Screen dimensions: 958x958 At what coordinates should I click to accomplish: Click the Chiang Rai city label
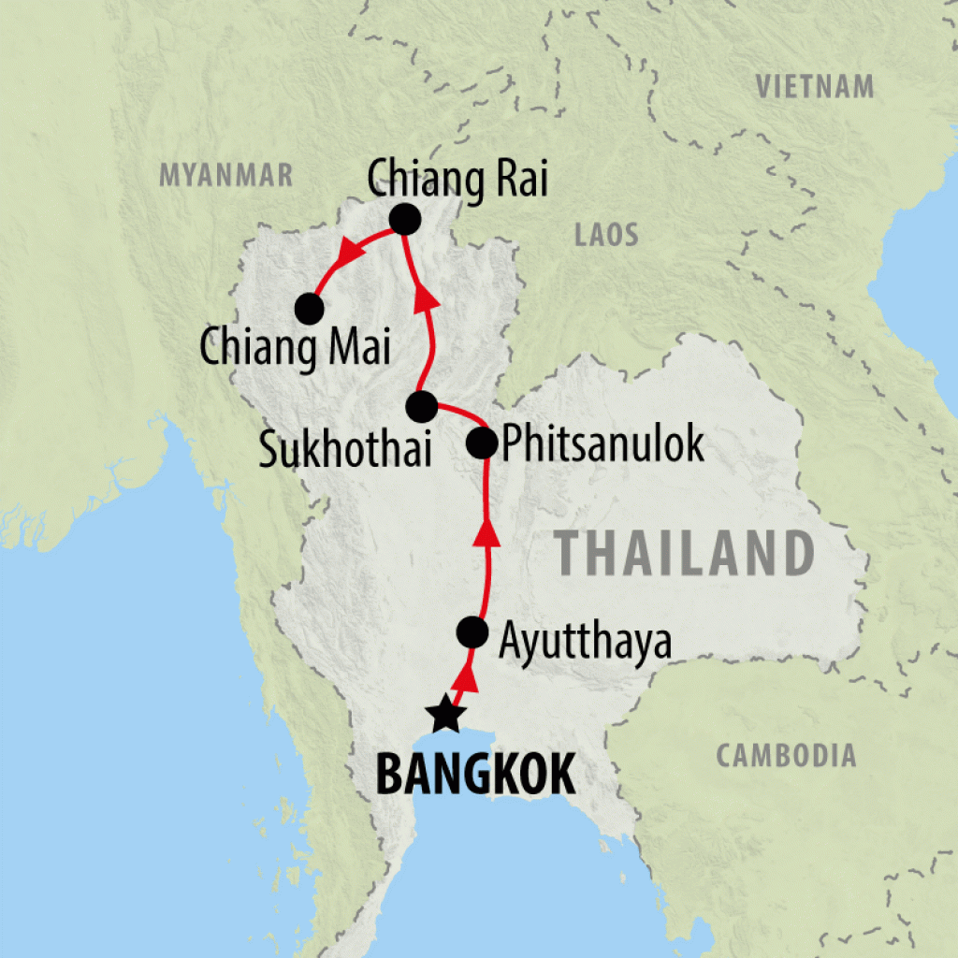(457, 180)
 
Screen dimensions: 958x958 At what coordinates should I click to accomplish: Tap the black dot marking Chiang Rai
(404, 220)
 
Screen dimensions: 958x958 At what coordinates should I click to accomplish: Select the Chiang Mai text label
(294, 347)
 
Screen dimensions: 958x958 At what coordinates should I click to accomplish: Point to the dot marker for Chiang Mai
(309, 307)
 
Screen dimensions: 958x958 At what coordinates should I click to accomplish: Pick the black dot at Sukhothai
(421, 406)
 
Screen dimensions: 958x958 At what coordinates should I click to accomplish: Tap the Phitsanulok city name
(602, 446)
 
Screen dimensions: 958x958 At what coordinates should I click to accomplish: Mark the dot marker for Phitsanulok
(482, 443)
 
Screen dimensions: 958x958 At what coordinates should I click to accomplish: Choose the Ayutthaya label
(585, 642)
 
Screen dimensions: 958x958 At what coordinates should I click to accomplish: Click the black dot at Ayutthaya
(472, 633)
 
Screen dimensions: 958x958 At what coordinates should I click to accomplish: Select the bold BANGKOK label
(474, 776)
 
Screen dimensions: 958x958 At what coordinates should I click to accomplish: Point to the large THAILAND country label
(683, 553)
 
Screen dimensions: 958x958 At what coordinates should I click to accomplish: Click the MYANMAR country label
(226, 175)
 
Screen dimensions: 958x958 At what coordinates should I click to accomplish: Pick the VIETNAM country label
(815, 88)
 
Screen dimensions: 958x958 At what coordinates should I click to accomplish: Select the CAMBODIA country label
(786, 755)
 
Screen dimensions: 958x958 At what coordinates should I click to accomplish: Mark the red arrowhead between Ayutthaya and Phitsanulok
(486, 532)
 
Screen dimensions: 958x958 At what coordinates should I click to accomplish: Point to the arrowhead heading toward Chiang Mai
(352, 251)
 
